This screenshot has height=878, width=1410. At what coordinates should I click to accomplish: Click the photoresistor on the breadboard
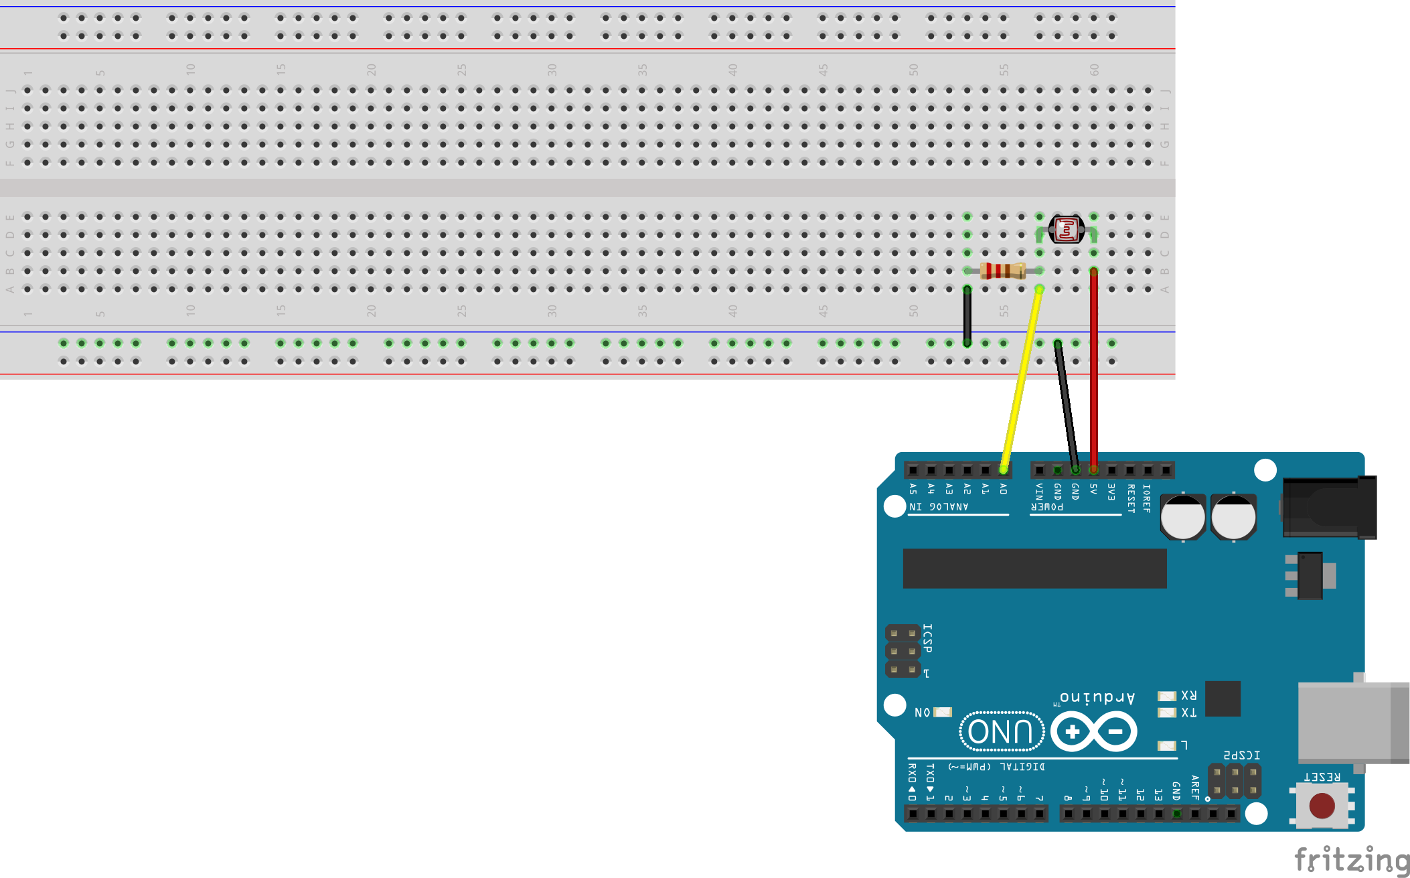point(1066,230)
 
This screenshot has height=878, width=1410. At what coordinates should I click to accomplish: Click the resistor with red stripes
point(1002,271)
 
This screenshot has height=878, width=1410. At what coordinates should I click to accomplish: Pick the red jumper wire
point(1093,375)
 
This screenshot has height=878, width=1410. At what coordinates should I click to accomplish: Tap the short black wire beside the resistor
point(967,316)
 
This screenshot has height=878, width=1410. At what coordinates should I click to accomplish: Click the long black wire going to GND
point(1066,405)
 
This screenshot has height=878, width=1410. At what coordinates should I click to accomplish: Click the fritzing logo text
point(1352,860)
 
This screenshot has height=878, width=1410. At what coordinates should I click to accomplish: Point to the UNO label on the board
point(1002,731)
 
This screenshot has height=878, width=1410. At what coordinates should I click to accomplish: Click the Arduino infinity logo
point(1093,731)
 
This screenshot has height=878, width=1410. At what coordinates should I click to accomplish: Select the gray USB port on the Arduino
point(1352,722)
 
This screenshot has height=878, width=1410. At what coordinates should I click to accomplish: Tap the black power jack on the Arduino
point(1329,508)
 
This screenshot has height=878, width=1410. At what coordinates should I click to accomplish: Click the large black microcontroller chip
point(1034,569)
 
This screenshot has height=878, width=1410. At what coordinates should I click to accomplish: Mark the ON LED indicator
point(943,712)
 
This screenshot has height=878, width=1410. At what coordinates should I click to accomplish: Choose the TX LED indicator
point(1167,713)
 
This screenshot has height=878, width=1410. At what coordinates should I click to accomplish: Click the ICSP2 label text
point(1242,755)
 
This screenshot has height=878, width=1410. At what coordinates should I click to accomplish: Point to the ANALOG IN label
point(939,507)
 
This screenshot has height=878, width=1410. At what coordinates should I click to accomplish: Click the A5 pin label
point(913,489)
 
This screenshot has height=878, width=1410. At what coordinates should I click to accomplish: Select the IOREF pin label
point(1147,498)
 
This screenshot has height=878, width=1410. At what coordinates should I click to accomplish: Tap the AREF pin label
point(1195,788)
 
